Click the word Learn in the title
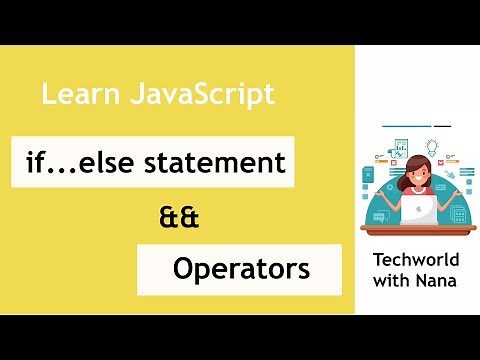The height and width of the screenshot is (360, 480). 72,96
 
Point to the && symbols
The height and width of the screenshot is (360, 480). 180,217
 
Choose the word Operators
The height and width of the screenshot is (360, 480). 240,268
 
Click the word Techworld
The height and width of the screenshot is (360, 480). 415,260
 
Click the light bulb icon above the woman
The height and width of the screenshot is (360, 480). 432,147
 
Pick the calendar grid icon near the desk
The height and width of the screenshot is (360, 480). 459,214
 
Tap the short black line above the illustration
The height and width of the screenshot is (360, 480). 442,126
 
